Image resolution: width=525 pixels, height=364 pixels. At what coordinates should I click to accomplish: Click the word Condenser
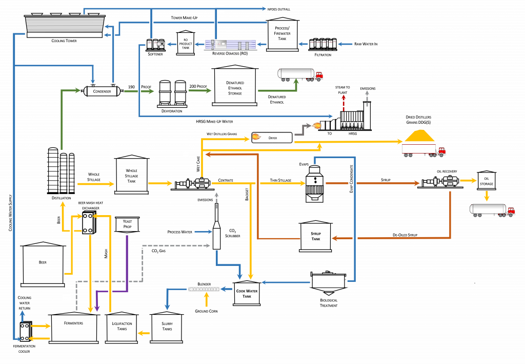(102, 91)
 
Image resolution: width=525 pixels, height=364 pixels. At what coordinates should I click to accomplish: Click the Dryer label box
(272, 138)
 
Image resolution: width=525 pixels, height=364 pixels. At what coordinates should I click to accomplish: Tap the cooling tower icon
(65, 26)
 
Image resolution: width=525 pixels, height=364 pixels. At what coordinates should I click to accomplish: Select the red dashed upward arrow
(344, 102)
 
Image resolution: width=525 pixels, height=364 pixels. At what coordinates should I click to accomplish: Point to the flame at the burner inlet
(316, 125)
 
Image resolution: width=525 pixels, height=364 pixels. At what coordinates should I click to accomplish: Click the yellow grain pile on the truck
(419, 136)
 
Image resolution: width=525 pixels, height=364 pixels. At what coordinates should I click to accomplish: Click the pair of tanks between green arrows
(172, 93)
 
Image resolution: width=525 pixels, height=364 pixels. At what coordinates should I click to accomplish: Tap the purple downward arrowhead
(97, 309)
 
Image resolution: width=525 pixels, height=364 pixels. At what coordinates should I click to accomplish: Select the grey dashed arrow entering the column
(207, 246)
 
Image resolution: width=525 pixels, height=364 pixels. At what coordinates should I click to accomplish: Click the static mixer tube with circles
(204, 289)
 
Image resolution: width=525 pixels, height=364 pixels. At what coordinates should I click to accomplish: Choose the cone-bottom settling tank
(328, 283)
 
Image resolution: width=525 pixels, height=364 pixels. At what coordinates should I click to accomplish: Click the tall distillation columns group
(61, 171)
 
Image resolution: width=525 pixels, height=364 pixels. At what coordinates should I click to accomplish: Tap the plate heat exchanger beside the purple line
(88, 223)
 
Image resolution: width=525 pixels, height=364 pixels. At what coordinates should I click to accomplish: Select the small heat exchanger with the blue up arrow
(25, 331)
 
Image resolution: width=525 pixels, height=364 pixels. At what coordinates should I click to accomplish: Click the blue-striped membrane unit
(230, 45)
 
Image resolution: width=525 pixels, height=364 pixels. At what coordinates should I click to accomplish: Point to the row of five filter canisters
(322, 44)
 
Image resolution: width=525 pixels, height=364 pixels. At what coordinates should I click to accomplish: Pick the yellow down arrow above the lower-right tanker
(487, 196)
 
